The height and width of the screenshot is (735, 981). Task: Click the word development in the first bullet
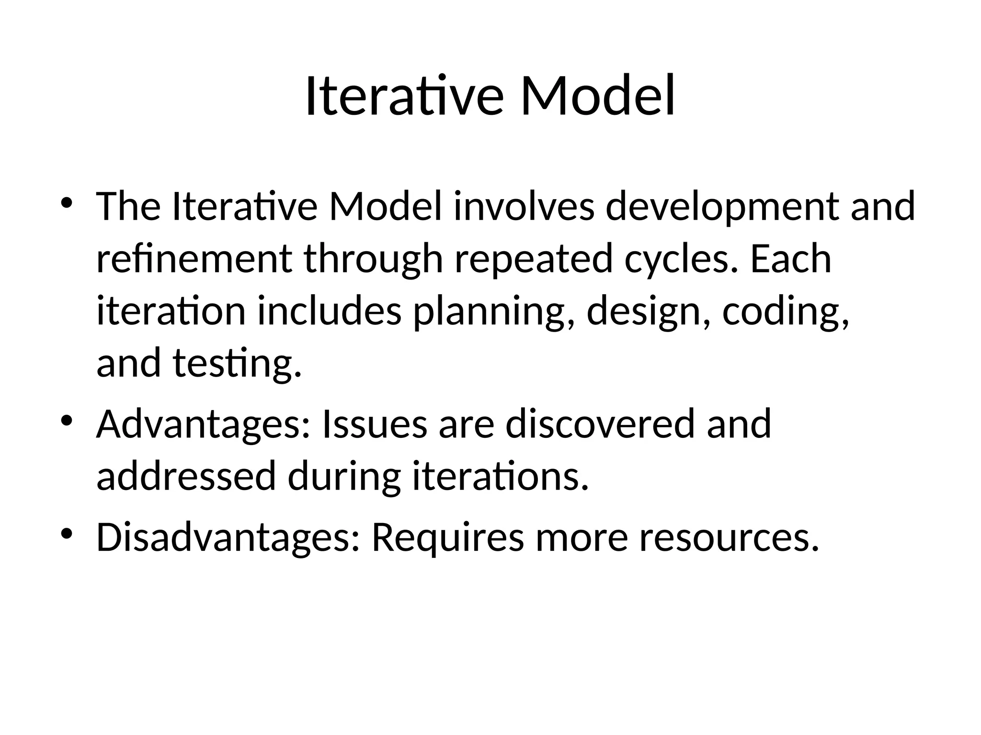(722, 207)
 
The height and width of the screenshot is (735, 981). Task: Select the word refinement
(194, 259)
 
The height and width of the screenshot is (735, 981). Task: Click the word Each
(790, 259)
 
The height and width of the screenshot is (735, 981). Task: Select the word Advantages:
(204, 424)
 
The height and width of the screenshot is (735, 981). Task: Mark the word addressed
(186, 477)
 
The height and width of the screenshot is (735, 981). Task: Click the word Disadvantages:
(228, 537)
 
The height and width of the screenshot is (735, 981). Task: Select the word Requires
(448, 537)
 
